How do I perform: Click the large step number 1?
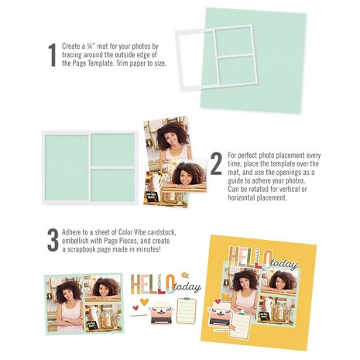(x=52, y=54)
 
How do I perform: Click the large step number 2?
(x=216, y=163)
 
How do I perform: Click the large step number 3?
(x=52, y=239)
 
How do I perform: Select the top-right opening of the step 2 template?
(x=112, y=149)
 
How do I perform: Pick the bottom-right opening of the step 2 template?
(x=112, y=184)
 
